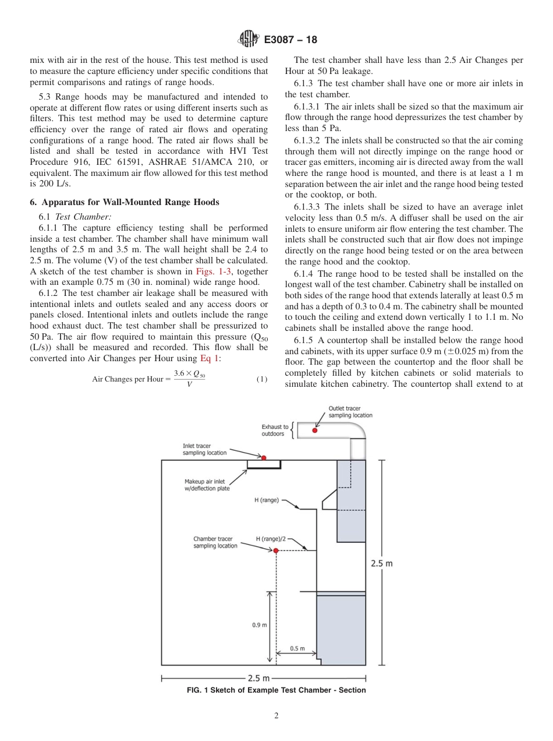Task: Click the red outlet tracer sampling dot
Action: coord(315,431)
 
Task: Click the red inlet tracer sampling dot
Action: coord(264,458)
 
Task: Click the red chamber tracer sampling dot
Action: coord(276,551)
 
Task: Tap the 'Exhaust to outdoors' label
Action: coord(274,431)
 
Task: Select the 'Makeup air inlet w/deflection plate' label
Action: coord(207,485)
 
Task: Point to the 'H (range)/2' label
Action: coord(271,539)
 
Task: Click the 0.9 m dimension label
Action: coord(259,625)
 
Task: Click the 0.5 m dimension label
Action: coord(297,648)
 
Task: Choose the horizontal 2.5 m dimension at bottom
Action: coord(259,678)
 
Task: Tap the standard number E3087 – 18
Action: coord(290,40)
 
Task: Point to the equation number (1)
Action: coord(262,379)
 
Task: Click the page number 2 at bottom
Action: coord(276,716)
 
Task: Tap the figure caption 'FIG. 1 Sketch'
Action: coord(276,690)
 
